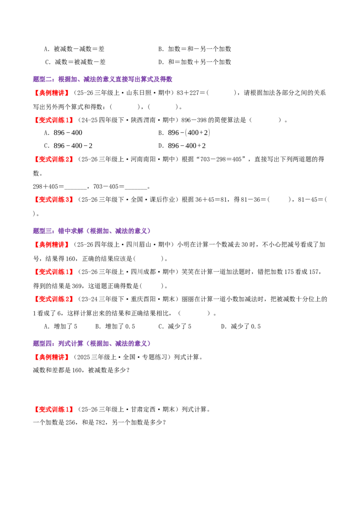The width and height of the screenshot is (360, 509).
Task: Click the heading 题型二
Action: point(102,79)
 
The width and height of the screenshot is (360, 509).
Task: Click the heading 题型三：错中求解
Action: point(92,231)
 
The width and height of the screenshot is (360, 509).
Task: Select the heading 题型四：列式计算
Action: point(92,344)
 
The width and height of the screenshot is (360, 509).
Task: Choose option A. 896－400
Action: point(63,133)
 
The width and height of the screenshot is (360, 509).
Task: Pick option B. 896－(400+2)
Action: point(184,133)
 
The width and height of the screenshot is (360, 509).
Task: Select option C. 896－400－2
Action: point(68,146)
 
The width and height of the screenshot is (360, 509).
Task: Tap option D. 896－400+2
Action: point(182,146)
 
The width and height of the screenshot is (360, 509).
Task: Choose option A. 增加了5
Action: point(60,326)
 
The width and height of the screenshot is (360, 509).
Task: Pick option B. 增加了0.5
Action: point(115,326)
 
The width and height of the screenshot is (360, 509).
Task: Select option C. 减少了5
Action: point(175,326)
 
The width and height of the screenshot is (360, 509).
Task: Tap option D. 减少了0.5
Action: point(241,326)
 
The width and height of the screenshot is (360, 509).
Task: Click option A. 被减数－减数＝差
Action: point(74,49)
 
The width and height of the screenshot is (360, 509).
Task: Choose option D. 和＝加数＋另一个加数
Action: point(194,62)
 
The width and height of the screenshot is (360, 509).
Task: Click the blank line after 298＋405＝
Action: point(76,188)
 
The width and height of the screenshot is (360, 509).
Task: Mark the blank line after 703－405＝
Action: point(136,188)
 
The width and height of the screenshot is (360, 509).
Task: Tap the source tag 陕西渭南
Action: point(143,120)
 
